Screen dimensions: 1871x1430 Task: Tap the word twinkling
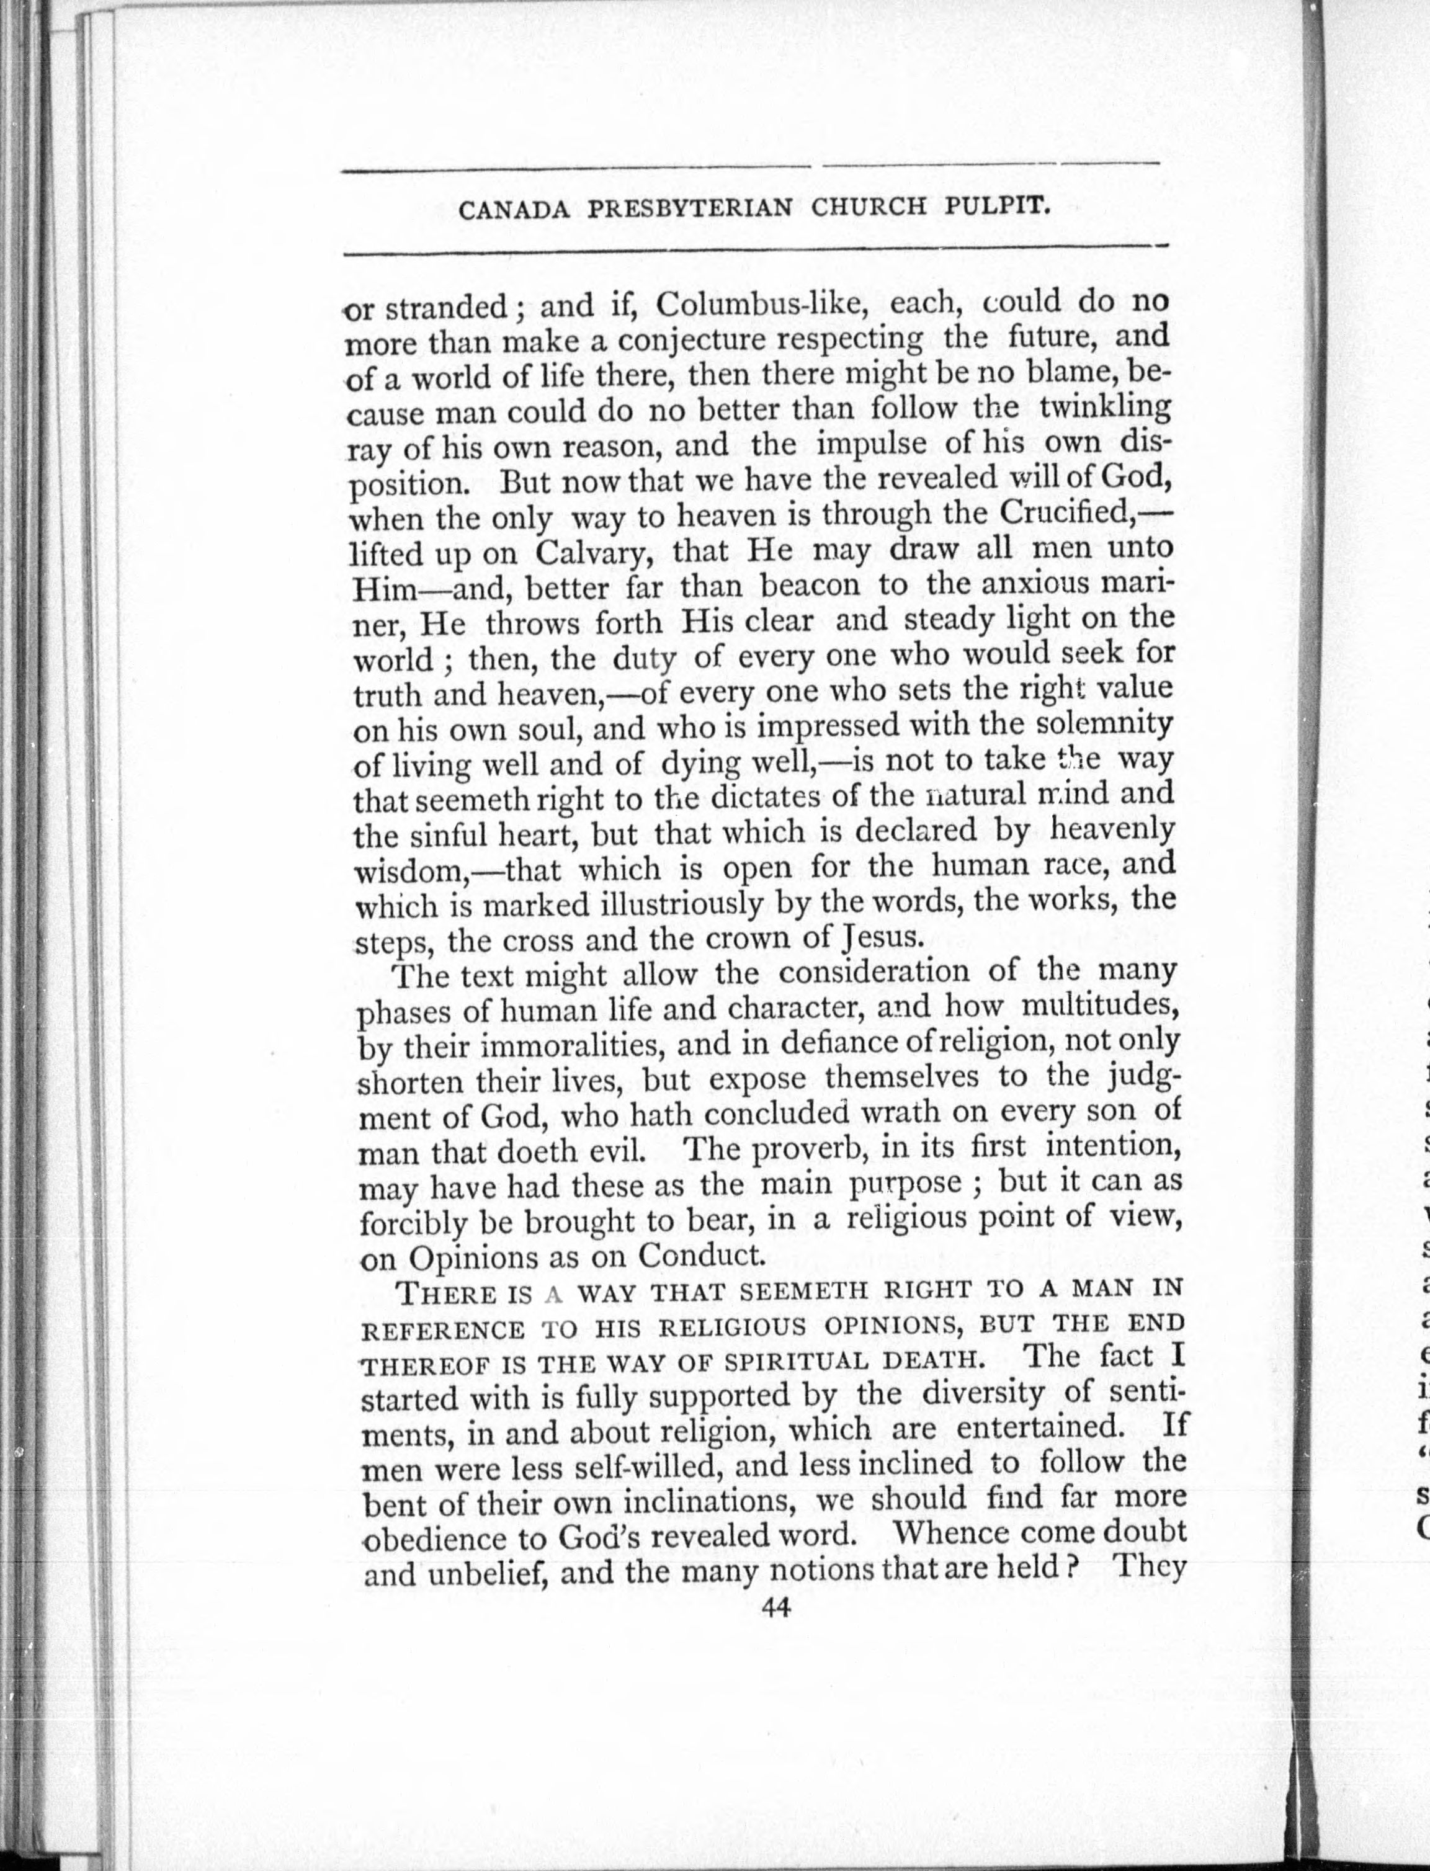pyautogui.click(x=1105, y=408)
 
